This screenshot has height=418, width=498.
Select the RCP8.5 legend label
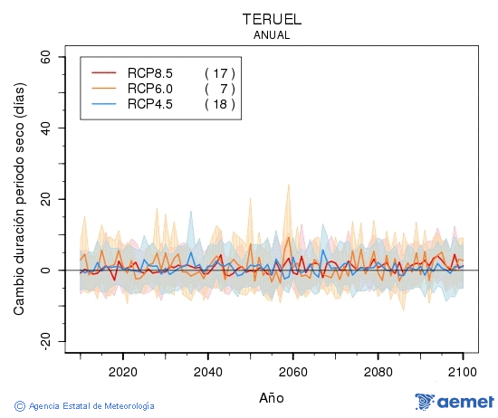(x=149, y=72)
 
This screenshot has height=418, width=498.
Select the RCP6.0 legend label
(x=149, y=89)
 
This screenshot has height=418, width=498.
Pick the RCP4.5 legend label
(x=149, y=104)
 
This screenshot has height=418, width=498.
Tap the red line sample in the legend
(x=105, y=72)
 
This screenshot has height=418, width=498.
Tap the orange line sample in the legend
(x=105, y=89)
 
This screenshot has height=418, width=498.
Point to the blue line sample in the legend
(x=105, y=104)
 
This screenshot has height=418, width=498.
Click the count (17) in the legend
(x=220, y=72)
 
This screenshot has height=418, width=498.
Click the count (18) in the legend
(x=220, y=104)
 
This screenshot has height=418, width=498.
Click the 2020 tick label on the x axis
(x=122, y=371)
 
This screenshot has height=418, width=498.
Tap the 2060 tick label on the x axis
(x=292, y=371)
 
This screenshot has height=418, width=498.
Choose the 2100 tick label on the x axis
(x=463, y=371)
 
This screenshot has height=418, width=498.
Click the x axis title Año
(x=271, y=397)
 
